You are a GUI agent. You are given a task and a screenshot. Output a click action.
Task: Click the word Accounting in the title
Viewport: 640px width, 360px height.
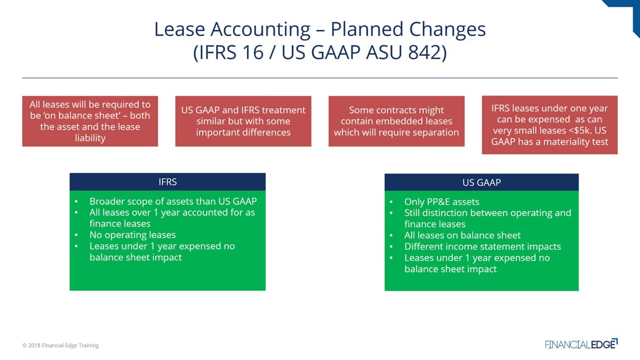[260, 29]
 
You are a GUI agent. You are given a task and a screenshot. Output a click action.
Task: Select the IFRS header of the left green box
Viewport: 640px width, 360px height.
[167, 182]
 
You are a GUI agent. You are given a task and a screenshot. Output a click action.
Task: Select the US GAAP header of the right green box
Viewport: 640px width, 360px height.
[482, 182]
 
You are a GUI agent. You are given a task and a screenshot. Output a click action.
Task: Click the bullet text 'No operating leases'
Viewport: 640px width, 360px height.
[133, 235]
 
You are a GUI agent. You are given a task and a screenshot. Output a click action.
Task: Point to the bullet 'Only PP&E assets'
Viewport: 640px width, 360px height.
[442, 202]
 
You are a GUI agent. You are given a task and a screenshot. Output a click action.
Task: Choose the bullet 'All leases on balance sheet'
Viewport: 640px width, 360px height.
[462, 235]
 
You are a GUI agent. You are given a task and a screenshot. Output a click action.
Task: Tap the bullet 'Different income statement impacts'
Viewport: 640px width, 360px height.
[483, 246]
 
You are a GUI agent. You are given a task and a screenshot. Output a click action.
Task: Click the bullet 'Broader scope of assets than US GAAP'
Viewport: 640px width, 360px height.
[173, 202]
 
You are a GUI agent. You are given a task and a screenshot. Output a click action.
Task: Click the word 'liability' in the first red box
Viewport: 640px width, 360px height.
[90, 138]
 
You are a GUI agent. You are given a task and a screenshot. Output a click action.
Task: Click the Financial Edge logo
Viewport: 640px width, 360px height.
[581, 343]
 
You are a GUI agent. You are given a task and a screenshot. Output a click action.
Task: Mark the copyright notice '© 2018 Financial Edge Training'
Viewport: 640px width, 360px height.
[61, 345]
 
